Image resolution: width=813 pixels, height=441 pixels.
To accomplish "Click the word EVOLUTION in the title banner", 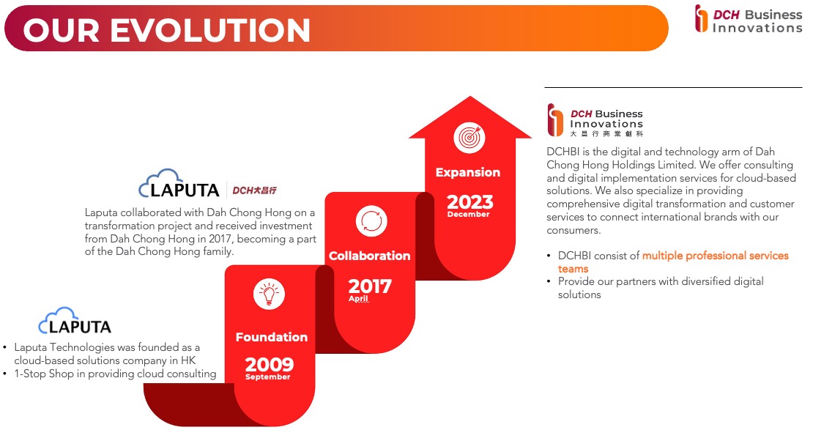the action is coord(210,30).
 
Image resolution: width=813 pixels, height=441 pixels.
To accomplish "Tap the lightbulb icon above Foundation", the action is coord(269,294).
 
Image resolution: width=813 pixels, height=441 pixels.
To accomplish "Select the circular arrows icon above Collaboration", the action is coord(371,221).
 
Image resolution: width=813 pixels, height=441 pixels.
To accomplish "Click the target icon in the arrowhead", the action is coord(469,138).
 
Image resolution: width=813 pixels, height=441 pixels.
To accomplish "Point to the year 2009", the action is coord(269,364).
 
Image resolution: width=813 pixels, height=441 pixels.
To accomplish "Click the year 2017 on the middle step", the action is coord(370,286).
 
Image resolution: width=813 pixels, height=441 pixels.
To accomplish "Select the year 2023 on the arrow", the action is coord(469,202).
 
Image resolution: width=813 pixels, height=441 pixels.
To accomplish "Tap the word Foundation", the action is coord(272,337).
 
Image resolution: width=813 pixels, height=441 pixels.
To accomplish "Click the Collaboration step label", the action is coord(370,256).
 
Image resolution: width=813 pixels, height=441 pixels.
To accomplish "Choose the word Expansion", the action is coord(468,172).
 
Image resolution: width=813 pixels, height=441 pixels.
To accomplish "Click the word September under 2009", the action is coord(267,377).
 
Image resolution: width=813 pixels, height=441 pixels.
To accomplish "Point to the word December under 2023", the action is coord(468,215).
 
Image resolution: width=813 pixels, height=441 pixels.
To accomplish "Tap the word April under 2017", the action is coord(358,299).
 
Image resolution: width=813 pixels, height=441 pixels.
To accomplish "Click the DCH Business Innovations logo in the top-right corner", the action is coord(749,19).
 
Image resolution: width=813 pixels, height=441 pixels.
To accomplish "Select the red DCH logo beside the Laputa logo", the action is coord(254,190).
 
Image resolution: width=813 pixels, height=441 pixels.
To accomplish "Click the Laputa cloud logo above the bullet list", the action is coord(75,321).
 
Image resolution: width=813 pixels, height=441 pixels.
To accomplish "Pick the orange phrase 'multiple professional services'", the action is coord(715,256).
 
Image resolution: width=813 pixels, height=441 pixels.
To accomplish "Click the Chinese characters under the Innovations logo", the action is coord(606,134).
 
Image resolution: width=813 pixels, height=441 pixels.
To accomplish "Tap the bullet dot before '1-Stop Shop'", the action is coord(4,374).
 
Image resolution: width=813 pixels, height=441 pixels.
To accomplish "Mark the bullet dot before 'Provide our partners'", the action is coord(549,282).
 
